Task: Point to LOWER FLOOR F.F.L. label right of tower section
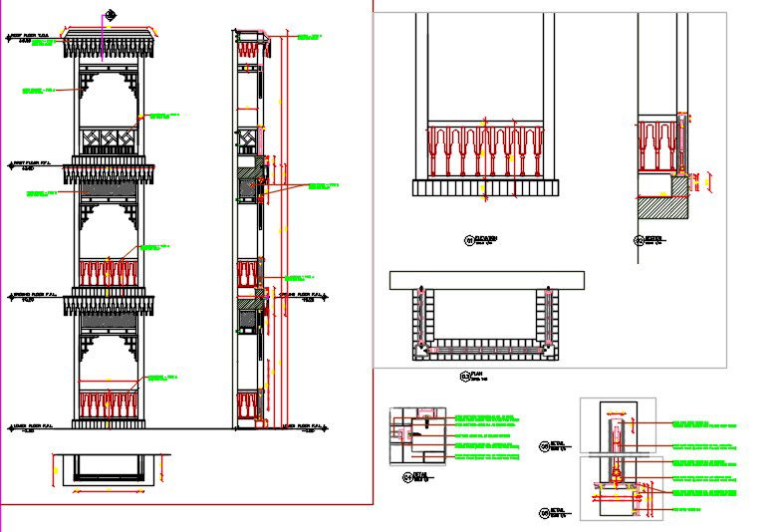(300, 426)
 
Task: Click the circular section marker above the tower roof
(109, 14)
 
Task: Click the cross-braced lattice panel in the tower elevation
(109, 137)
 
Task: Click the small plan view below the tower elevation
(109, 469)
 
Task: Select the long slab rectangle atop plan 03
(487, 279)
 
